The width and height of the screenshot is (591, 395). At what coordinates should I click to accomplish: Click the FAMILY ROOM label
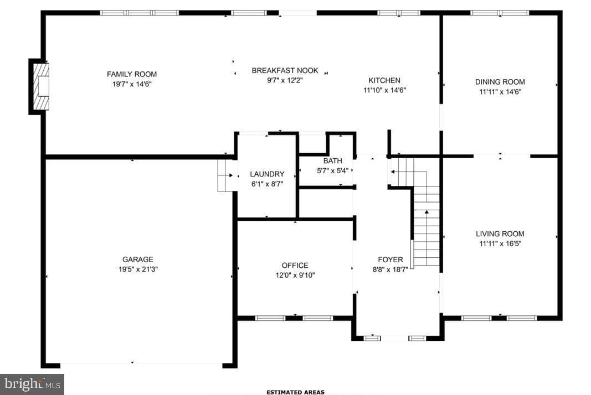(x=131, y=74)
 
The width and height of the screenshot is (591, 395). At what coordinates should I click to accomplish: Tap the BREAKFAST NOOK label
(x=285, y=70)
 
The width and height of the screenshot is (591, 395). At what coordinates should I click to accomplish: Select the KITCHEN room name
(x=384, y=80)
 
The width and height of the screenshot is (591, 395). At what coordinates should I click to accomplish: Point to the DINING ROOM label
(x=500, y=82)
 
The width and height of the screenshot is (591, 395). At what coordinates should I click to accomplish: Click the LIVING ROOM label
(x=500, y=234)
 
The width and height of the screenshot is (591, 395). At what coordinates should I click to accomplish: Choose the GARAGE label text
(x=137, y=259)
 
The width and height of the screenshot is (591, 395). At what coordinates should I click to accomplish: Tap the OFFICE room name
(x=295, y=266)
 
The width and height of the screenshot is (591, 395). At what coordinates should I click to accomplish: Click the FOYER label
(x=390, y=260)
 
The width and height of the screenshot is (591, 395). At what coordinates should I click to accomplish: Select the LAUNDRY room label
(x=267, y=174)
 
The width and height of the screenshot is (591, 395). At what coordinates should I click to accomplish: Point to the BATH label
(x=332, y=161)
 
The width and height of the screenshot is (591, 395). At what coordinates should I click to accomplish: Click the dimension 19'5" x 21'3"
(x=138, y=269)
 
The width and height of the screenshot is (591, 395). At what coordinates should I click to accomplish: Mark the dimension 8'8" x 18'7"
(x=390, y=269)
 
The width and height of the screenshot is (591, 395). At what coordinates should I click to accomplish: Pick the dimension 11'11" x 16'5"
(x=500, y=243)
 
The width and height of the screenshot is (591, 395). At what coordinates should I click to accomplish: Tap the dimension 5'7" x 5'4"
(x=332, y=170)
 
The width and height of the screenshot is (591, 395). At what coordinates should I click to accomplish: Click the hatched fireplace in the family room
(x=41, y=87)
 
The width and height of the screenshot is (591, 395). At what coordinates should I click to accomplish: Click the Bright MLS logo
(x=32, y=384)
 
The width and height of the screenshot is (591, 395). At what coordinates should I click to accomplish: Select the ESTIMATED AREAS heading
(x=295, y=392)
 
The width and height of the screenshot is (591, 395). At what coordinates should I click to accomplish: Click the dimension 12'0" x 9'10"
(x=295, y=276)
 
